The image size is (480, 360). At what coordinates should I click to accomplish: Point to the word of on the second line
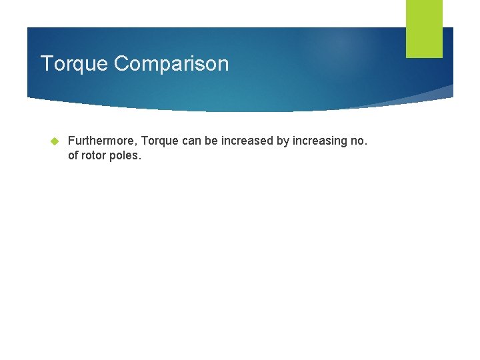tap(73, 156)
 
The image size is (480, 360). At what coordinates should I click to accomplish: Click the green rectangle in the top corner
tap(424, 29)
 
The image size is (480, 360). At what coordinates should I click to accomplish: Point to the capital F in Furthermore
tap(71, 141)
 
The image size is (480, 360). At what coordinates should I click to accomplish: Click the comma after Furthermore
tap(137, 145)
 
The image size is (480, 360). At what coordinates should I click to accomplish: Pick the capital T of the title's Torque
tap(45, 64)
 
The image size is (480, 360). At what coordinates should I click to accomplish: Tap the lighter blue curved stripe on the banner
tap(427, 95)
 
